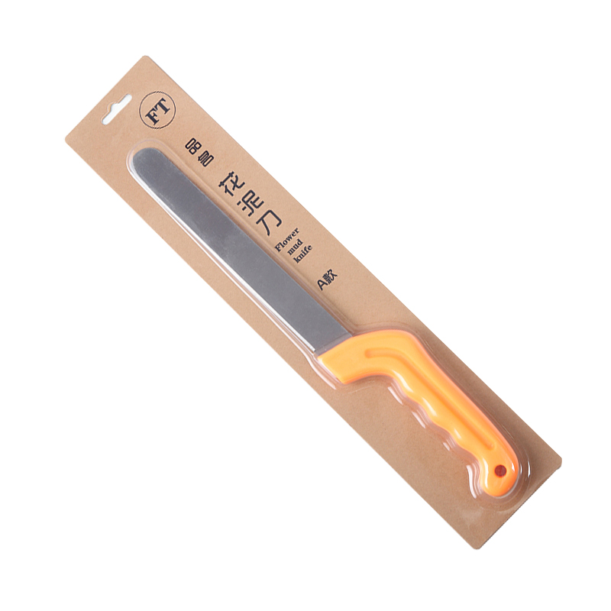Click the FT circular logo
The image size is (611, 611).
click(157, 110)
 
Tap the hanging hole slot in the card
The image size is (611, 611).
click(116, 109)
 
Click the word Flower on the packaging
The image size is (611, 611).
click(287, 240)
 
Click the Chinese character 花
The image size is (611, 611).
click(231, 184)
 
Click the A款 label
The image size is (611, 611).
click(327, 280)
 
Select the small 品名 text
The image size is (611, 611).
click(199, 152)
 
